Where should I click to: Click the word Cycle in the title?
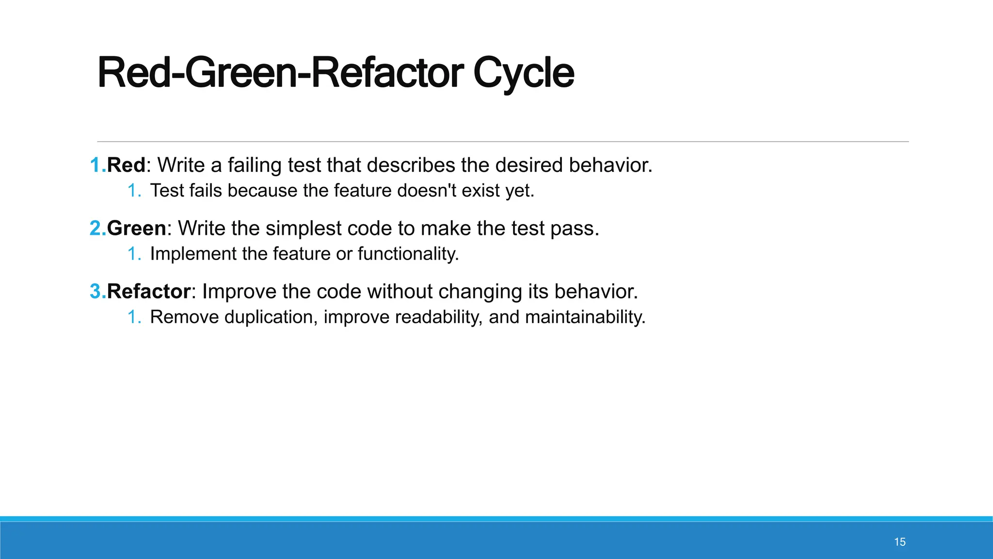pos(524,73)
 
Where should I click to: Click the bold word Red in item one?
pos(126,165)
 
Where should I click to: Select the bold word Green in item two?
pos(136,229)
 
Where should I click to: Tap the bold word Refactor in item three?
pos(148,292)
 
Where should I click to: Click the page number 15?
pos(900,542)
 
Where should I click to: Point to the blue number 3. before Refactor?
pos(97,292)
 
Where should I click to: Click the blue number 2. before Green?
pos(97,229)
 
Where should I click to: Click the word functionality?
pos(408,254)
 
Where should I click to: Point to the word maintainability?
pos(585,317)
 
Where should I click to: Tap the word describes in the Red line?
pos(411,165)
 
